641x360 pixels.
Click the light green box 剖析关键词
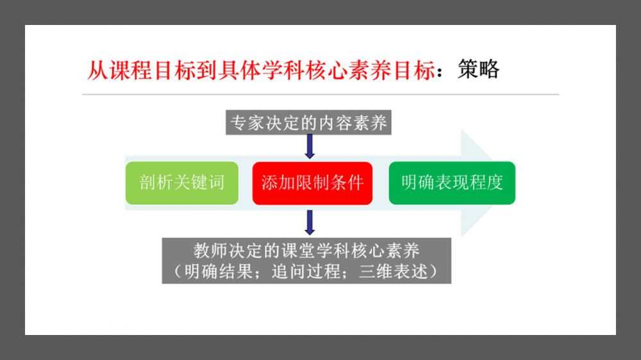tap(182, 183)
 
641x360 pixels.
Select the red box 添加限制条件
tap(312, 183)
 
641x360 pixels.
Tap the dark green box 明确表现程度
tap(452, 183)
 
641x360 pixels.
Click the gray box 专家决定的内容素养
tap(309, 122)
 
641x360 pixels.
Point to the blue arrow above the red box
tap(310, 146)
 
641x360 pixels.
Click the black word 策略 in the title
tap(478, 69)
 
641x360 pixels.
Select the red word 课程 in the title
tap(131, 70)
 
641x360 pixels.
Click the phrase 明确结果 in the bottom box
tap(219, 272)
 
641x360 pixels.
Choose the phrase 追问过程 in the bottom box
tap(306, 272)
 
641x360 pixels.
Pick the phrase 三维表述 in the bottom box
tap(394, 272)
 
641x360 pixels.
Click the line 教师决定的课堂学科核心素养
tap(306, 250)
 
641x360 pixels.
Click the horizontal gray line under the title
tap(320, 94)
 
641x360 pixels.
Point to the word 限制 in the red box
tap(312, 183)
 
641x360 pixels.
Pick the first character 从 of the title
tap(97, 70)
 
